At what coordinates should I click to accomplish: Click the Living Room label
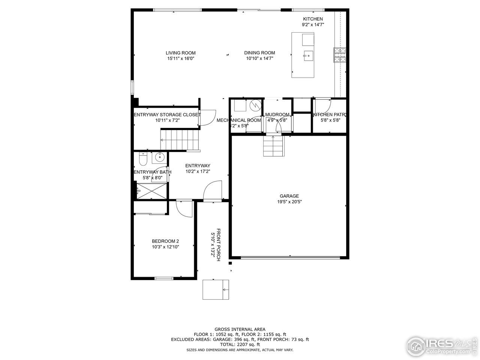(180, 53)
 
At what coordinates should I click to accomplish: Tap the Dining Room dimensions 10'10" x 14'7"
(259, 58)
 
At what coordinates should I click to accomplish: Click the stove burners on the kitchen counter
(340, 55)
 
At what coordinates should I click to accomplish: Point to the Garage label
(289, 196)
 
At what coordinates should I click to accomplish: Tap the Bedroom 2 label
(165, 241)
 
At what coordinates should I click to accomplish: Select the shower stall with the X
(151, 191)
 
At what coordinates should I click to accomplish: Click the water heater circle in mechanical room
(255, 105)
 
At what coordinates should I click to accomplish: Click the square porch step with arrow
(216, 289)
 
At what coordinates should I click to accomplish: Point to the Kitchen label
(313, 19)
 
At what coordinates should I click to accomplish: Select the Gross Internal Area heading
(240, 329)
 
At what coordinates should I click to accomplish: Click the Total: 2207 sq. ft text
(240, 344)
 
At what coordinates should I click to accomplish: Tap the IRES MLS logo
(442, 345)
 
